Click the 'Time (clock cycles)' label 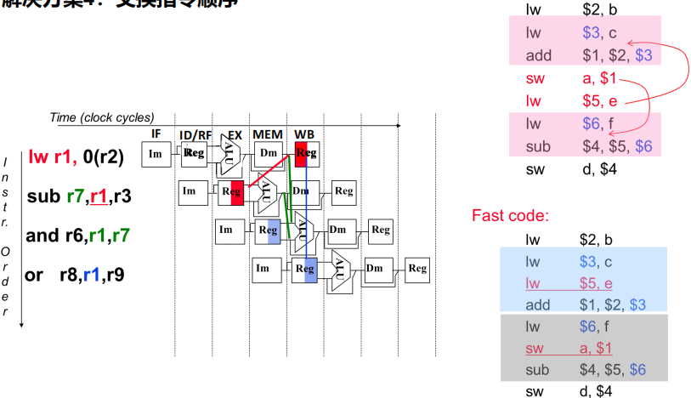pos(102,118)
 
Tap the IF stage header pos(156,134)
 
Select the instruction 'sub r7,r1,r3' pos(80,196)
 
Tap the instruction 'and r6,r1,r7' pos(78,236)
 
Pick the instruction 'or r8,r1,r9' pos(76,275)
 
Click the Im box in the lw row pos(155,154)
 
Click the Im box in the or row pos(263,270)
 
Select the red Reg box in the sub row pos(231,192)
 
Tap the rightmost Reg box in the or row pos(416,270)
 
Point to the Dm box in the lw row pos(268,154)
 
